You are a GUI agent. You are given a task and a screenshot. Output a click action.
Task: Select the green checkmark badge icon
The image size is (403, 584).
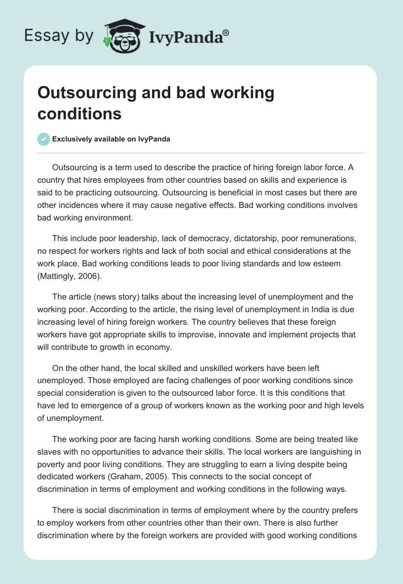(x=43, y=139)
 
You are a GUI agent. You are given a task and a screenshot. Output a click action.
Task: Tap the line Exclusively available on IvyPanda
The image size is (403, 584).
(x=111, y=139)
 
